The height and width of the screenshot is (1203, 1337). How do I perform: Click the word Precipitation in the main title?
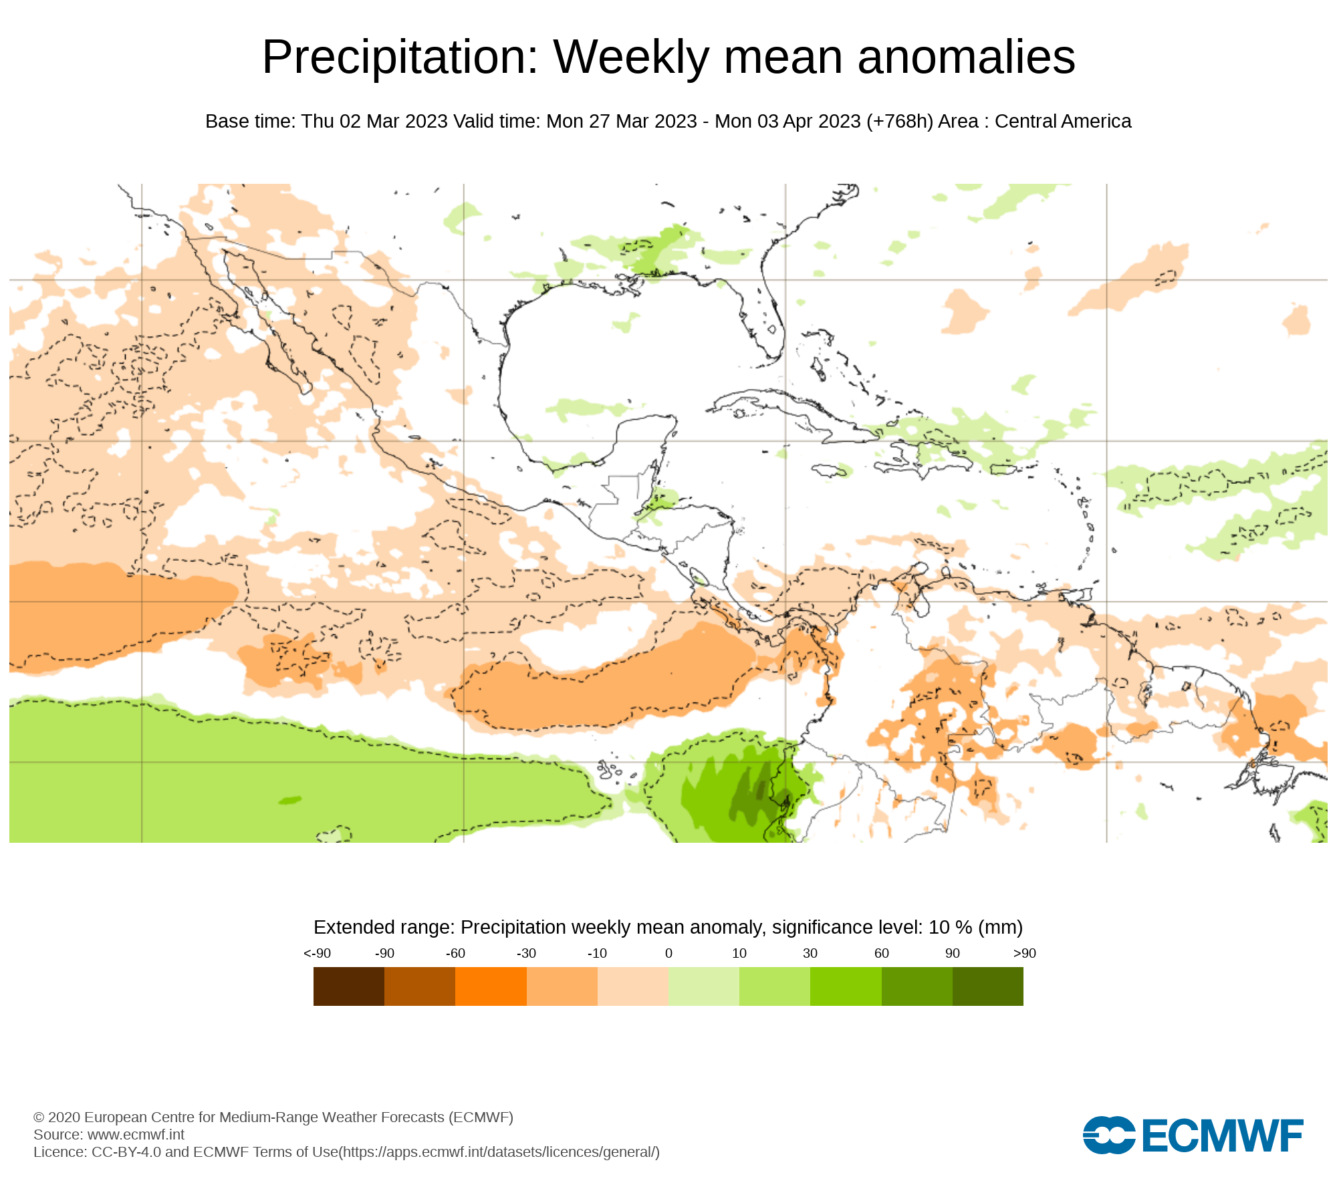[x=400, y=57]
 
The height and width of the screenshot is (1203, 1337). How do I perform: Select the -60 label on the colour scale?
[x=455, y=954]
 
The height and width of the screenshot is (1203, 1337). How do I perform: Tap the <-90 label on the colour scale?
[x=317, y=954]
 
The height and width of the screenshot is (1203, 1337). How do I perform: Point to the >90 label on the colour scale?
[x=1024, y=954]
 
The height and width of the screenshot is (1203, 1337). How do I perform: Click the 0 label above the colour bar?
[x=668, y=954]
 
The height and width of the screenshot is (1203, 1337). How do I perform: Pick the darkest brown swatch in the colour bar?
[x=349, y=986]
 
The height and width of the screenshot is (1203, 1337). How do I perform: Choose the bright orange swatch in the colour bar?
[x=491, y=986]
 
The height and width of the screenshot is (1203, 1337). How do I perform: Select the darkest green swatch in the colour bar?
[x=988, y=986]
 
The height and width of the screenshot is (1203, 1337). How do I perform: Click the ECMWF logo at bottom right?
[x=1193, y=1135]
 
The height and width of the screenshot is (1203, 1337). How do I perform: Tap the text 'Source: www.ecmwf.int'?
[x=109, y=1134]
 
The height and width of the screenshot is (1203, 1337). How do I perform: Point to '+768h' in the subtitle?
[x=900, y=122]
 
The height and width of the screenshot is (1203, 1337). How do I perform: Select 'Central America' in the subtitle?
[x=1063, y=122]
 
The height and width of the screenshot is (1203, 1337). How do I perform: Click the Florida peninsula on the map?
[x=769, y=321]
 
